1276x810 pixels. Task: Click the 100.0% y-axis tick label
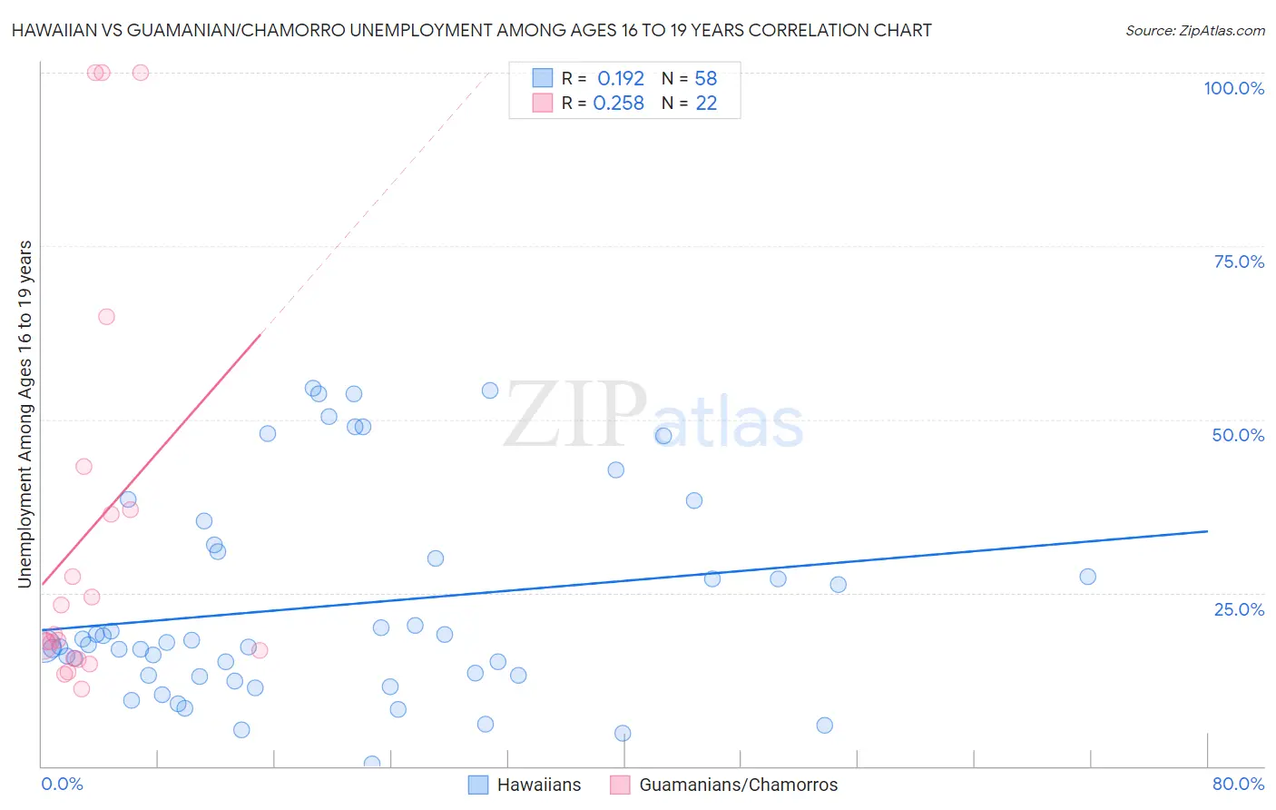click(x=1233, y=88)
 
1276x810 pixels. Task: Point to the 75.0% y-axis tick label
click(x=1239, y=262)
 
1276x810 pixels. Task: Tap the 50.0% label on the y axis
click(x=1238, y=435)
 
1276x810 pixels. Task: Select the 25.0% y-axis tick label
click(x=1239, y=608)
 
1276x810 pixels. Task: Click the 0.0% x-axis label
click(x=62, y=784)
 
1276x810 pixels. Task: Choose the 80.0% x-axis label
click(x=1238, y=784)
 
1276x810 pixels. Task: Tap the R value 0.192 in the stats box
click(x=621, y=78)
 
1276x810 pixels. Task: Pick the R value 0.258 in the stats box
click(x=618, y=104)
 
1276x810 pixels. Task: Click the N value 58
click(x=706, y=78)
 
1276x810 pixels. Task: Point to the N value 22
click(x=706, y=104)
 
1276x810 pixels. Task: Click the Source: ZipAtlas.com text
click(x=1194, y=31)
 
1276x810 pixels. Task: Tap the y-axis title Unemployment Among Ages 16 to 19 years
click(x=25, y=414)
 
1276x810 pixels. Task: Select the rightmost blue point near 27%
click(x=1087, y=577)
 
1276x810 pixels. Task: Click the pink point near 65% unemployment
click(x=106, y=317)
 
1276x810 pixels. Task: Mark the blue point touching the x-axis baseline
click(x=371, y=764)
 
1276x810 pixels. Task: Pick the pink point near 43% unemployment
click(x=83, y=467)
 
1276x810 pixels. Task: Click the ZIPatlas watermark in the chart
click(x=653, y=416)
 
